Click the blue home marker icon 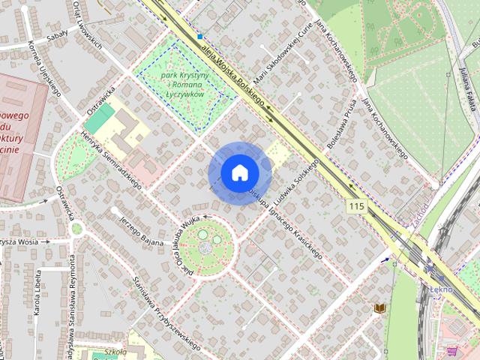click(238, 173)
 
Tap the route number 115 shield click(356, 205)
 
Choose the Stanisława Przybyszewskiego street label click(165, 313)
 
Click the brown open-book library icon click(380, 308)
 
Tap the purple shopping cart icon click(451, 350)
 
